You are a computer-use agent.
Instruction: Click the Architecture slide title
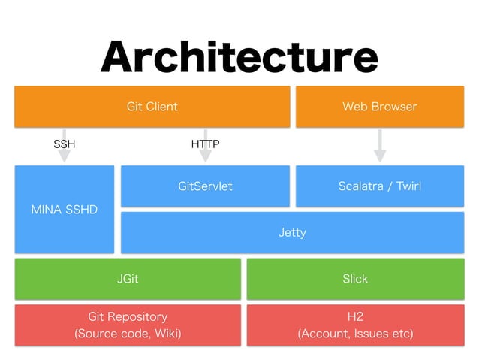[239, 56]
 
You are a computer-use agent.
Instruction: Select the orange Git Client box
[152, 107]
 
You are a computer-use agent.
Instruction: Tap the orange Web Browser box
[379, 107]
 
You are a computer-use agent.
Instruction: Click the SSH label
[65, 143]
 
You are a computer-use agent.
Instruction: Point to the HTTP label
[205, 143]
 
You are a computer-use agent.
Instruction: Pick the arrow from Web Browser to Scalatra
[380, 146]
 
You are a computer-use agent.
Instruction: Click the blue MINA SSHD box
[65, 209]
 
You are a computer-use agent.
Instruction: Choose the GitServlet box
[205, 186]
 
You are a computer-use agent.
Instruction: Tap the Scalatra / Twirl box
[379, 186]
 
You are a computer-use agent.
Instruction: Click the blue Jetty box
[292, 232]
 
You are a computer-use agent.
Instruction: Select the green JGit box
[128, 279]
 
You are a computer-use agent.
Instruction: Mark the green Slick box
[355, 279]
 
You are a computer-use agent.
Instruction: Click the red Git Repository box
[128, 325]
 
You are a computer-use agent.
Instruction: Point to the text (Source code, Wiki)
[128, 333]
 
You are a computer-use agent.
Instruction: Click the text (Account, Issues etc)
[355, 333]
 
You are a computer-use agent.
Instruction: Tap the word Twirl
[408, 186]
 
